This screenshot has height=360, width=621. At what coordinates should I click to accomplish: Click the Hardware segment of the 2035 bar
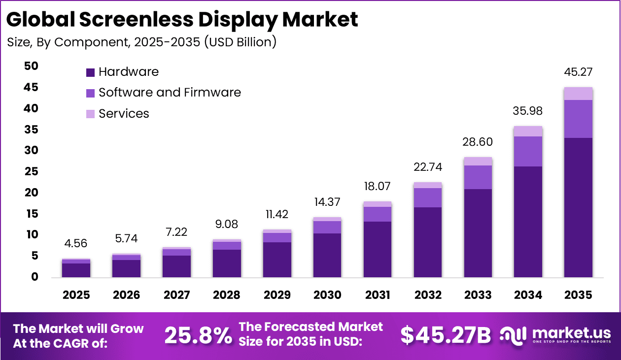(578, 207)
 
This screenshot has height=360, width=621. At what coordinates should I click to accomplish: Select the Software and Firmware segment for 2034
(528, 151)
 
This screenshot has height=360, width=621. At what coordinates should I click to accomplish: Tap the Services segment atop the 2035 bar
(578, 94)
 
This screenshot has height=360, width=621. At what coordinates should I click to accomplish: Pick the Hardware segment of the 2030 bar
(327, 255)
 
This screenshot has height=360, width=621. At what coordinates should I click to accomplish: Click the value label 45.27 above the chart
(578, 72)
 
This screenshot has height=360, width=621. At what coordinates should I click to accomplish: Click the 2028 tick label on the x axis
(227, 295)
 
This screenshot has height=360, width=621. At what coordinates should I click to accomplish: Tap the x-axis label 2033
(478, 295)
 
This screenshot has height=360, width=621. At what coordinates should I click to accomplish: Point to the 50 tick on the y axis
(31, 66)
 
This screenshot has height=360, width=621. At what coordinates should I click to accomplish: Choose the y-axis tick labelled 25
(31, 171)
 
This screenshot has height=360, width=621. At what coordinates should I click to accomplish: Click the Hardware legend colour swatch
(90, 72)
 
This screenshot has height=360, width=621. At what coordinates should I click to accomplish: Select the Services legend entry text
(124, 114)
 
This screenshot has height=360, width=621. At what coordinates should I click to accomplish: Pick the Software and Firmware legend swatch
(90, 93)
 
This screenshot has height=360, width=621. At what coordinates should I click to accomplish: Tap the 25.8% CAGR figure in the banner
(198, 335)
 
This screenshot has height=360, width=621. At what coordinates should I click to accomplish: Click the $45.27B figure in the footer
(446, 335)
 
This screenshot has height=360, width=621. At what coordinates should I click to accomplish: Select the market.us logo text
(572, 333)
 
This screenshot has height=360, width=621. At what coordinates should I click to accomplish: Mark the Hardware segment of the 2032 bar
(428, 242)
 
